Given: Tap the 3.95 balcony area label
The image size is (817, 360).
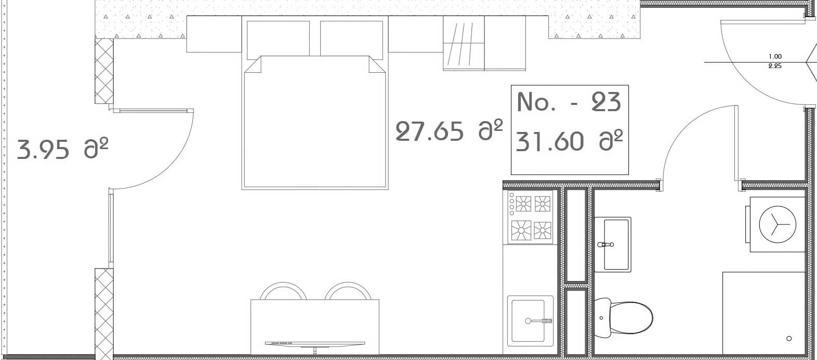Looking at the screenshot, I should click(x=62, y=150).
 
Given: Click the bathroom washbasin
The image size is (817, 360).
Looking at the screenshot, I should click(x=613, y=244).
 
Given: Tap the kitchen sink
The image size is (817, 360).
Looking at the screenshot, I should click(x=530, y=319).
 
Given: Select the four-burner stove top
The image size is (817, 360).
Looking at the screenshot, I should click(x=530, y=217).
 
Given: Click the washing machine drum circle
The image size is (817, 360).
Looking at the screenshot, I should click(x=778, y=224).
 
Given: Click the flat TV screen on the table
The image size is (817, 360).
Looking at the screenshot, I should click(x=314, y=343).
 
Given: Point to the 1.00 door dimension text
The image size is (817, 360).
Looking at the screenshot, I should click(x=774, y=57).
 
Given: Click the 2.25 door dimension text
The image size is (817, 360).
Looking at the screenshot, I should click(x=774, y=66).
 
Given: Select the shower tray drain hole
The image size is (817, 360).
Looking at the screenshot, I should click(x=789, y=339).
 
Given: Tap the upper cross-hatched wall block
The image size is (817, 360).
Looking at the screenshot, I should click(x=104, y=71).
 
